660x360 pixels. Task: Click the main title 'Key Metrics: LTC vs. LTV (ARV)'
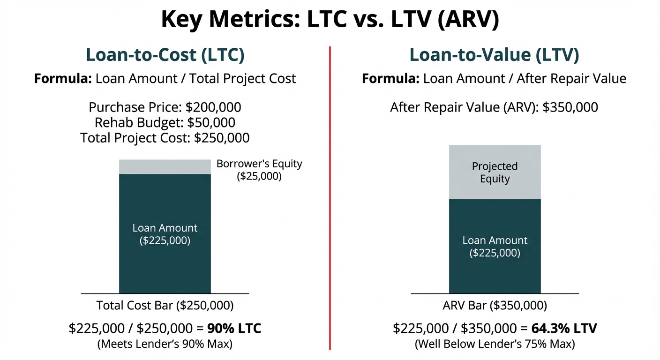click(x=330, y=20)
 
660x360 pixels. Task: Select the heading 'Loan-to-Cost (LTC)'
click(x=165, y=55)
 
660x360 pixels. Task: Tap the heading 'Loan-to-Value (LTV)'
click(x=494, y=55)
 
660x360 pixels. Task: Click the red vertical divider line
click(x=330, y=197)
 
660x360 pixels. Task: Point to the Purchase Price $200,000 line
click(x=165, y=107)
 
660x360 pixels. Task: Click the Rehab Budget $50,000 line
click(x=165, y=123)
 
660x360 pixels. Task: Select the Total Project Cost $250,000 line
click(x=165, y=138)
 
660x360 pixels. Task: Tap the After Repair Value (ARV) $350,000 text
click(x=494, y=107)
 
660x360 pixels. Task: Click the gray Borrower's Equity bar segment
click(x=165, y=167)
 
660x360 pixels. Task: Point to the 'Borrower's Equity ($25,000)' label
click(x=259, y=170)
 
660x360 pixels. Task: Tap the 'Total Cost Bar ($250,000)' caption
click(x=165, y=306)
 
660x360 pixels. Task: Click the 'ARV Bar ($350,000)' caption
click(x=495, y=306)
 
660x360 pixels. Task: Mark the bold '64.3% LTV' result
click(x=564, y=329)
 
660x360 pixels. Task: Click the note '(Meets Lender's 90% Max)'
click(x=165, y=344)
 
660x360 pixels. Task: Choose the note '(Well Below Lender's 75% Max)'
click(x=495, y=344)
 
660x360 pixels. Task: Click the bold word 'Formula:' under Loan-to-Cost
click(x=63, y=78)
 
